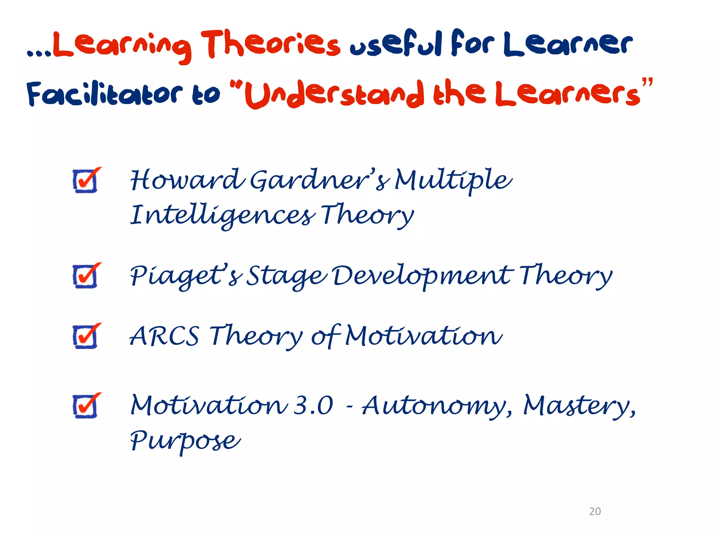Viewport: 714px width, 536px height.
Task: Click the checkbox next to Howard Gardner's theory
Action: (85, 181)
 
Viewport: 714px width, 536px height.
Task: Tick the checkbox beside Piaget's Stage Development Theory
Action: (85, 276)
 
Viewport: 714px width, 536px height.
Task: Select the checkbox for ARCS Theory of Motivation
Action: (85, 336)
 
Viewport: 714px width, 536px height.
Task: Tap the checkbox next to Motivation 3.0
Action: (85, 406)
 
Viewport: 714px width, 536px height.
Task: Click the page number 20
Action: (595, 511)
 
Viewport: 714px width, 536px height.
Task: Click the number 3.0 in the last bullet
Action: (313, 406)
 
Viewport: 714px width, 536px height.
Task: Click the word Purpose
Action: (185, 440)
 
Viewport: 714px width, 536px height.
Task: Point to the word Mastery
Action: (579, 406)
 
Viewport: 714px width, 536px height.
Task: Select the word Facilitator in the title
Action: (105, 94)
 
